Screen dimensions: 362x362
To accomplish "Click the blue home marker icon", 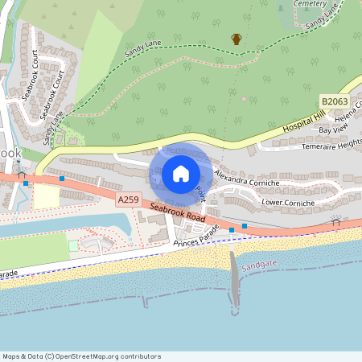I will (x=180, y=173).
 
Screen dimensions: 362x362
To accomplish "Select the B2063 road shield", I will (x=334, y=102).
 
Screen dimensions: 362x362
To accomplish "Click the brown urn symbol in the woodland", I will (x=237, y=39).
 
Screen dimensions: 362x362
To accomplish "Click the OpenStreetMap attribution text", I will (x=82, y=356).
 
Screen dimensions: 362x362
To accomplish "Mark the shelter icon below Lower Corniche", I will (x=335, y=219).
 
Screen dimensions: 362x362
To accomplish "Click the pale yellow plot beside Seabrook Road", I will (x=47, y=196).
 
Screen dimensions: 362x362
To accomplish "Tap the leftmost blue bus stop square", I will (x=26, y=183).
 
